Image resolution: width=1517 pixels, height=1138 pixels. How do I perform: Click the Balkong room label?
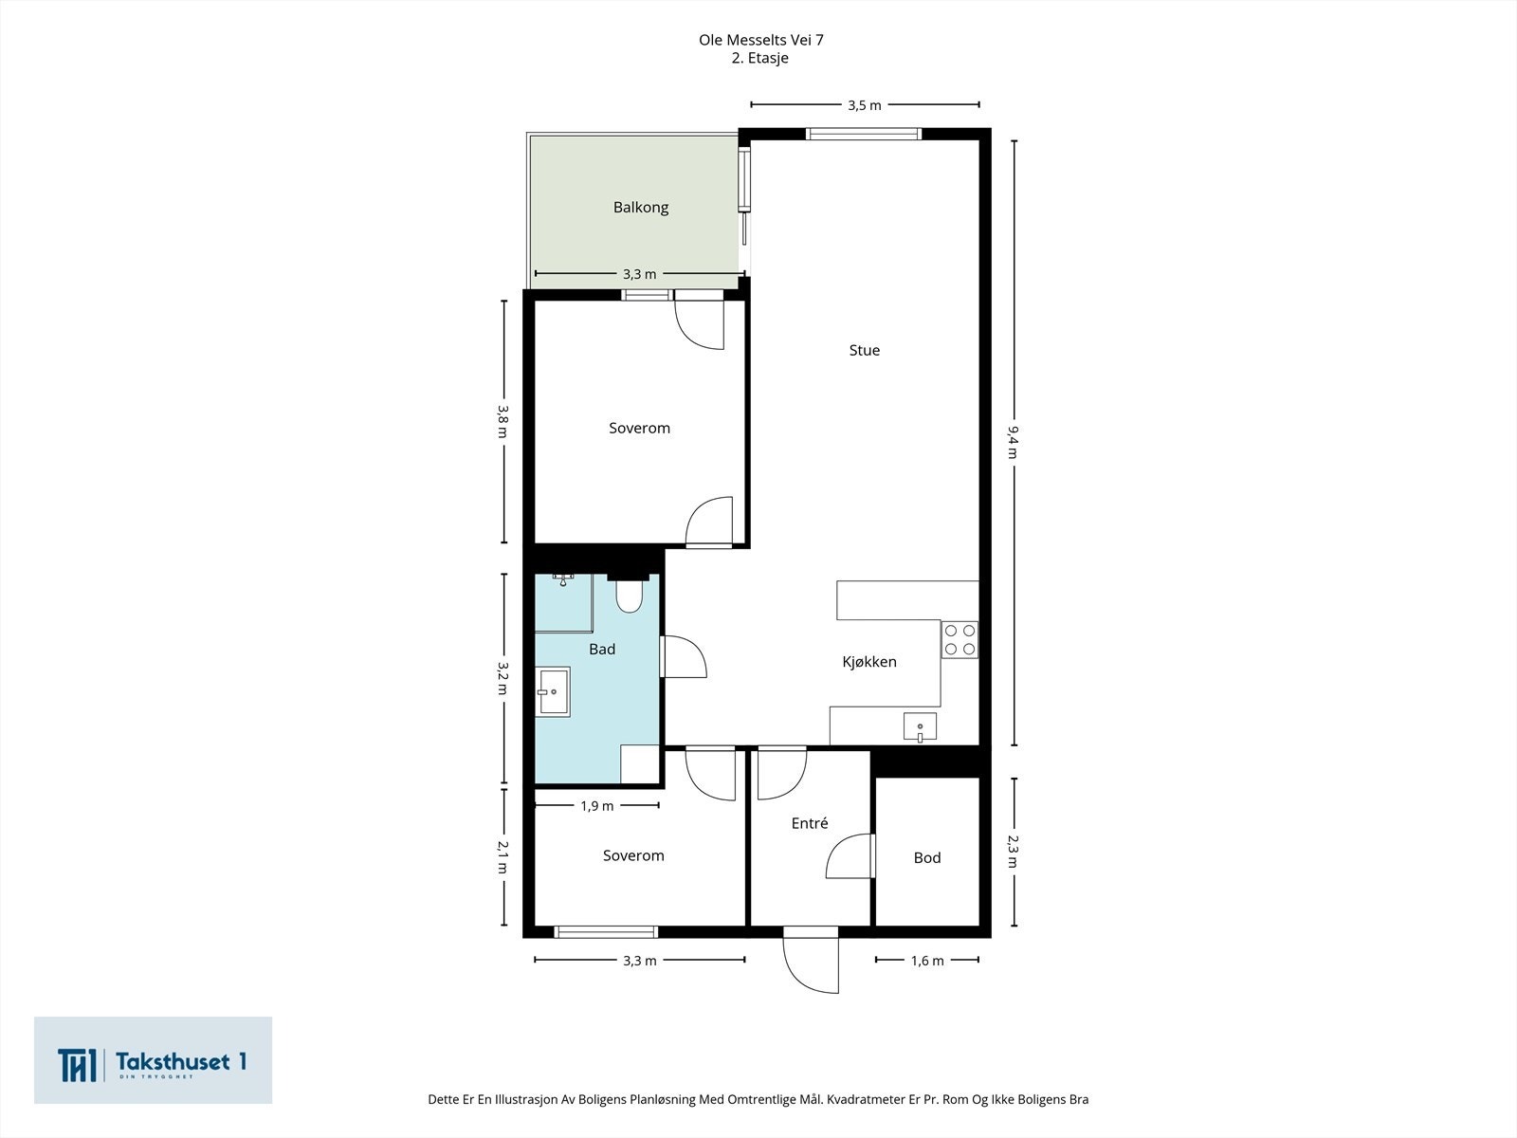coord(641,208)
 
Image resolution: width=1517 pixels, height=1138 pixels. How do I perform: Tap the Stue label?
coord(865,350)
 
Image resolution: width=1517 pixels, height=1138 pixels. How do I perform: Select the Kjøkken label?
coord(869,662)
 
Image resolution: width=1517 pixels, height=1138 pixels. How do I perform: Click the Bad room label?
coord(602,650)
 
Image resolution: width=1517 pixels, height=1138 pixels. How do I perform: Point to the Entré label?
coord(810,823)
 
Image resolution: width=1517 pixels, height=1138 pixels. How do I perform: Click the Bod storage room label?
coord(926,857)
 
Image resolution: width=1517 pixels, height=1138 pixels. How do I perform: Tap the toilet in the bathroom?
coord(629,596)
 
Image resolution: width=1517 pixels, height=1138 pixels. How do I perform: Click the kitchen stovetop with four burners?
coord(960,640)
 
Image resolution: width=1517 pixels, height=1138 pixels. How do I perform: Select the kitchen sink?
coord(920,727)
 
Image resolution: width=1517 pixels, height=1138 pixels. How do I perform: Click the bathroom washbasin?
coord(553,691)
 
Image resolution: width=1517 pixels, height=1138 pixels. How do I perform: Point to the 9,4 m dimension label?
coord(1014,442)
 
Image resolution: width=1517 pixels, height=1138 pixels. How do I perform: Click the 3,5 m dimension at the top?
coord(865,105)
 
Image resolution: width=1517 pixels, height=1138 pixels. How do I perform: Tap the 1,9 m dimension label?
coord(597,806)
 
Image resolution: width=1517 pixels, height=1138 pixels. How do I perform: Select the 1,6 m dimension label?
coord(926,961)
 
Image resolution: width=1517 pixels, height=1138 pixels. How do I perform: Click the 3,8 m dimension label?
coord(503,421)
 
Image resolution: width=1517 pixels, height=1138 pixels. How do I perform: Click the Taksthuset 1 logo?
coord(153,1060)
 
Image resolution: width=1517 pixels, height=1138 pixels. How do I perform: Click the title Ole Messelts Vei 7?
coord(761,40)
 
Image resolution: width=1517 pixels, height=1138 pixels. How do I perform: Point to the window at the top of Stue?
coord(864,134)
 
